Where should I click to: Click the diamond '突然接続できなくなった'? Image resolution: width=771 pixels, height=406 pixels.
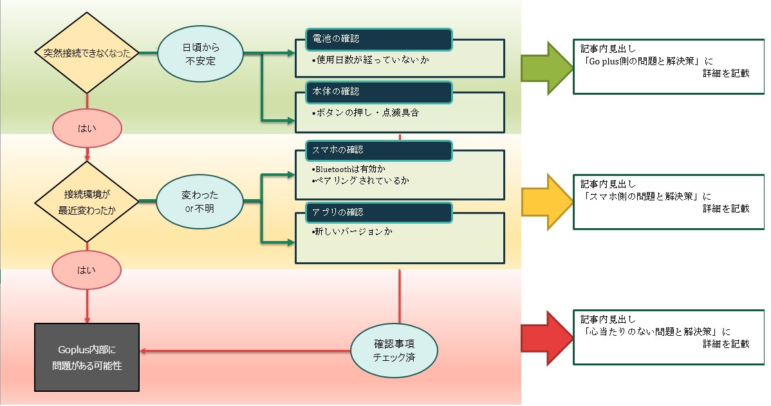(87, 53)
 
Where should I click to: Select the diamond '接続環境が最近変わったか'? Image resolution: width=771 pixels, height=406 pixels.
(87, 201)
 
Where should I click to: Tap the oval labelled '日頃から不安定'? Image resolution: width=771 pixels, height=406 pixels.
(200, 54)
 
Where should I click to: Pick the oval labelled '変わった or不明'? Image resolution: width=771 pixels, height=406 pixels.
(200, 201)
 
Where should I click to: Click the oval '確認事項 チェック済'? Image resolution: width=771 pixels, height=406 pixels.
(394, 350)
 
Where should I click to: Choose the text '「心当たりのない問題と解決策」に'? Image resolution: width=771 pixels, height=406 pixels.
(654, 332)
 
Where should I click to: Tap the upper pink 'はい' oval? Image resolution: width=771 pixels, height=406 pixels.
(87, 128)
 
